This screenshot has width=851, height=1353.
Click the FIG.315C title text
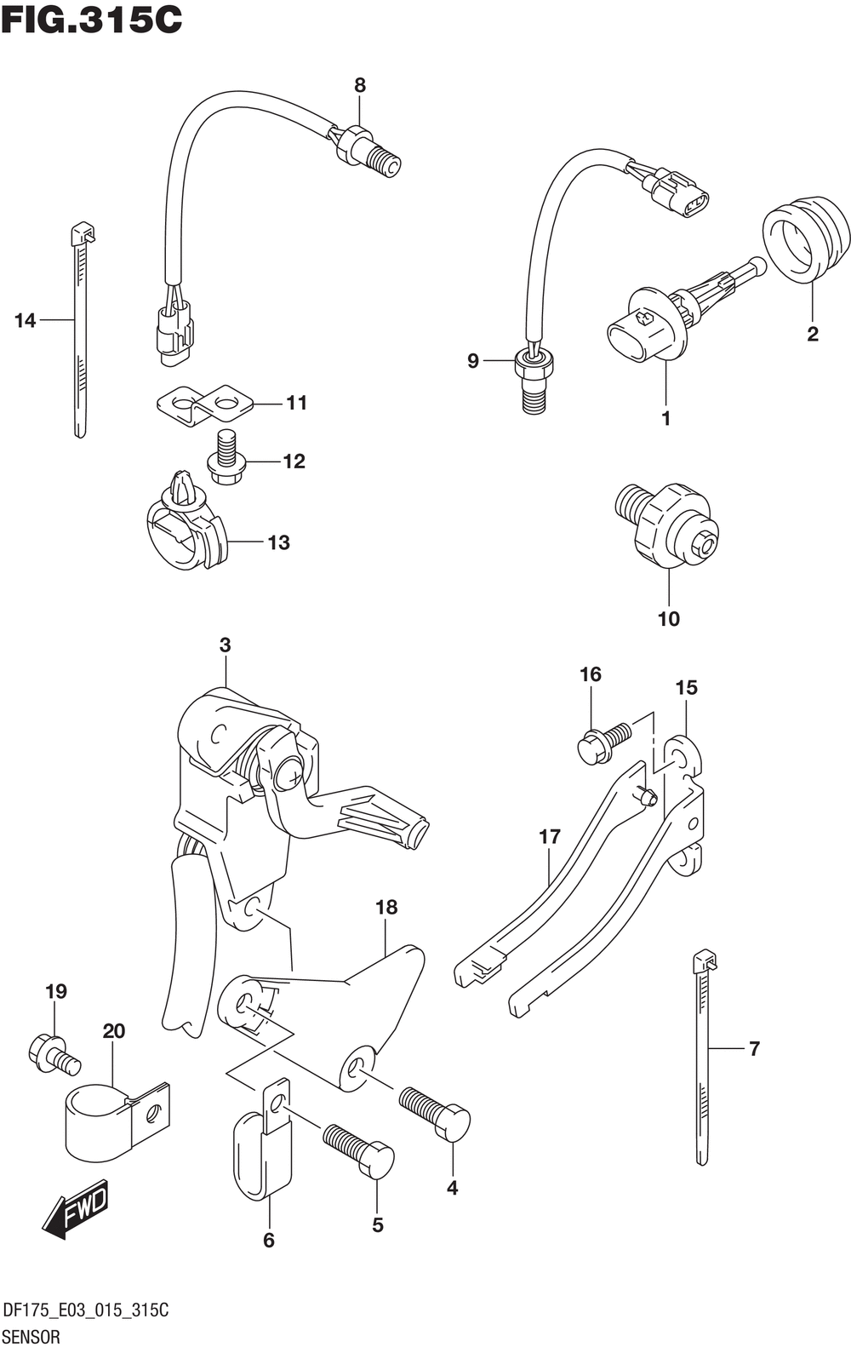coord(92,19)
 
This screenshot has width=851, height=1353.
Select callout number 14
coord(26,321)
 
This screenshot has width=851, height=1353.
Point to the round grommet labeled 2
coord(806,238)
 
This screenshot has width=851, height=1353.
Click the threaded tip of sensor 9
coord(534,397)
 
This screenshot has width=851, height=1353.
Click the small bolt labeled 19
coord(53,1053)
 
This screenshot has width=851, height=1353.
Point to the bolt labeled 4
coord(437,1111)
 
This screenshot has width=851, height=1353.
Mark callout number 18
coord(386,908)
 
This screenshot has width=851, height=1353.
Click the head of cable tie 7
coord(705,962)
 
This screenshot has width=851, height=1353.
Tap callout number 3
coord(225,645)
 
